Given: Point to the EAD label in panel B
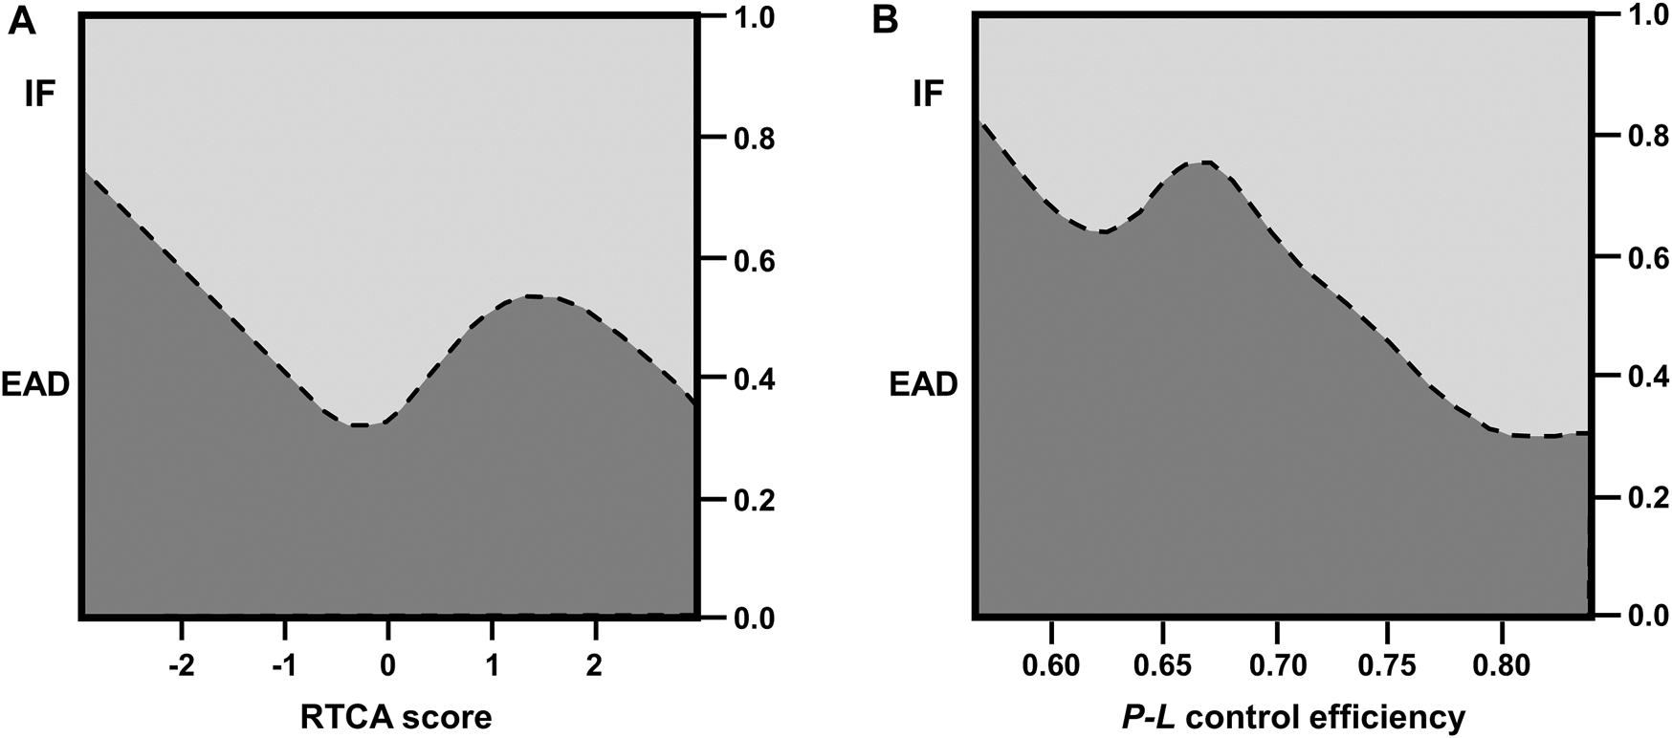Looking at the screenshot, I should [923, 384].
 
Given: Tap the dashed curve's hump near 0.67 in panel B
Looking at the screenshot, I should [1203, 163].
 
